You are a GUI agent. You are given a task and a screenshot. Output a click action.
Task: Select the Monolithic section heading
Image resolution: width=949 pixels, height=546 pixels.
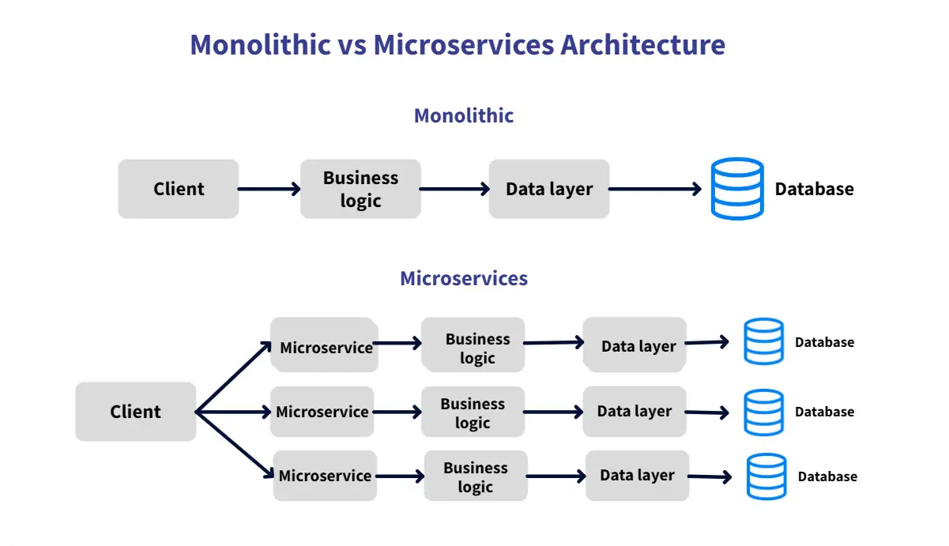pos(464,115)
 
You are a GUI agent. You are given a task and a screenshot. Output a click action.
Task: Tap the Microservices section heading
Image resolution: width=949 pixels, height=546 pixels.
pos(464,278)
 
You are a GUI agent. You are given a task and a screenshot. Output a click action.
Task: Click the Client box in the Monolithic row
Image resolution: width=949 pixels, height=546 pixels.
pos(179,189)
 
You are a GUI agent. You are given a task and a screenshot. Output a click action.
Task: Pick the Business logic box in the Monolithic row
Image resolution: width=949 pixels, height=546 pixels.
pos(360,189)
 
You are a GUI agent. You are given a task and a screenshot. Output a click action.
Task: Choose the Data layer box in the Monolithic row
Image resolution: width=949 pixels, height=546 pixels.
pos(549,189)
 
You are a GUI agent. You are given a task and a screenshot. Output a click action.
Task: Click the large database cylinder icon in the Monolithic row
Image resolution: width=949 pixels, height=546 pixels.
pos(737,189)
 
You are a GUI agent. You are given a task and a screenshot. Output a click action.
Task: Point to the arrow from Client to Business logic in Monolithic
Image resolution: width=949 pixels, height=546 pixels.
pos(269,189)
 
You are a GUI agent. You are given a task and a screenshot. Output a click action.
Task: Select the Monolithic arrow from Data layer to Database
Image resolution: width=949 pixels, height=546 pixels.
pos(655,189)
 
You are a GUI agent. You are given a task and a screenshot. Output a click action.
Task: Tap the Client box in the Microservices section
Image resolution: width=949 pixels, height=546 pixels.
pos(135,412)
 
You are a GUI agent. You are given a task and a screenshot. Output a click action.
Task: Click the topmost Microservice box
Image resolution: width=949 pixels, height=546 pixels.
pos(325,345)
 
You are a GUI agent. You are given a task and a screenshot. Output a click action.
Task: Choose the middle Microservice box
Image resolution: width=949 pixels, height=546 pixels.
pos(322,412)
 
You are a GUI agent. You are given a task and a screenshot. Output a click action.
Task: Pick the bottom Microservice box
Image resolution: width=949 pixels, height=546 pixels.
pos(325,476)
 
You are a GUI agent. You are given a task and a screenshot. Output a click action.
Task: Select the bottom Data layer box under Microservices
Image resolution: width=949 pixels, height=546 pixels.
pos(637,476)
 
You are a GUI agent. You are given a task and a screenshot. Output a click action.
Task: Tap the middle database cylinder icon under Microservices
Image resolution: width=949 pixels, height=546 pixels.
pos(764,412)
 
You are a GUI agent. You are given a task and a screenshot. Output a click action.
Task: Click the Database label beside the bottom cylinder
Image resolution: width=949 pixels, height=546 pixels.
pos(827,476)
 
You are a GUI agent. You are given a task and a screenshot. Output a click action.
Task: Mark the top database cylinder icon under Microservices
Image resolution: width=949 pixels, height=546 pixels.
pos(764,341)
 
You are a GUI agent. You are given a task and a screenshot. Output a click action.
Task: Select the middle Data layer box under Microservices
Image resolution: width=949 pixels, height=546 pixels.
pos(635,412)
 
